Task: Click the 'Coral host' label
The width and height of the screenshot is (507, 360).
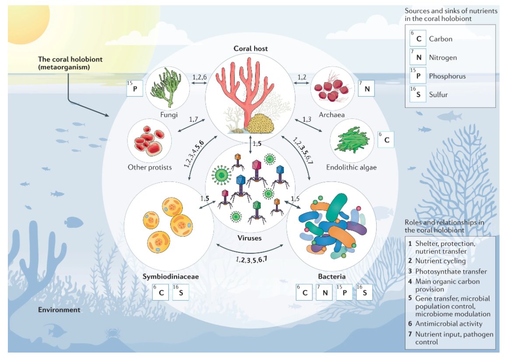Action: coord(250,49)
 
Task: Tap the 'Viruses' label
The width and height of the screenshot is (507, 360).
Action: coord(250,238)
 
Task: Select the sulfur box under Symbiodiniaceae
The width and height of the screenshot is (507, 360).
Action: coord(181,293)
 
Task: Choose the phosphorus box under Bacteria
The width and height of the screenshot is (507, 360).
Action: coord(344,293)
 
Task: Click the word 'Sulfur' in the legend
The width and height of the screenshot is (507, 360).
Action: coord(438,94)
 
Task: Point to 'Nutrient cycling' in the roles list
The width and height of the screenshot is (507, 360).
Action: coord(441,261)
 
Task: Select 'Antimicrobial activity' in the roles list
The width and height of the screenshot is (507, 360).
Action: coord(449,324)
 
